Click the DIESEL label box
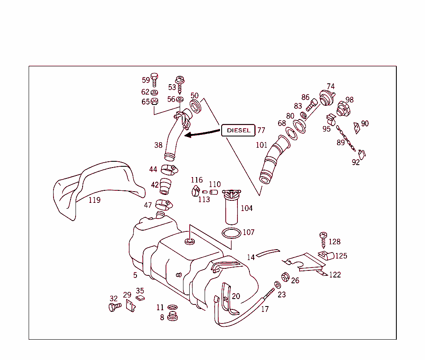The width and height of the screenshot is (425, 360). [x=238, y=130]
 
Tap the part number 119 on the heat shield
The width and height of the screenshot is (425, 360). [x=95, y=200]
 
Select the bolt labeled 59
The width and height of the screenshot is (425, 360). [x=154, y=79]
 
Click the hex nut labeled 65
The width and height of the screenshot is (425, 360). [x=154, y=101]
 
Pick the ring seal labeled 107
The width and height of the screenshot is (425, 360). [x=232, y=233]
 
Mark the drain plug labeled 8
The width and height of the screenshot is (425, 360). [x=172, y=317]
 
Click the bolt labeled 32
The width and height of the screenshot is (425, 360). [x=114, y=307]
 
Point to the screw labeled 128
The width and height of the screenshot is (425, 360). [x=323, y=240]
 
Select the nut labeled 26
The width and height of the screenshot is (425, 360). [x=286, y=277]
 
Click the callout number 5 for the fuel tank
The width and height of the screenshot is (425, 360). [x=135, y=275]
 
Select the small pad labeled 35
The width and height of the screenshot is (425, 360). [x=140, y=297]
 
